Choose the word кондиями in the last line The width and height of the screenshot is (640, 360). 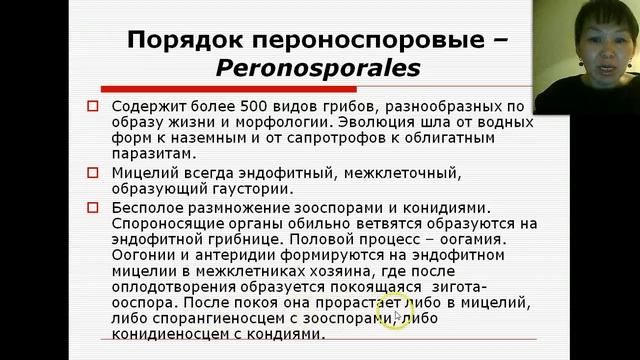tap(289, 335)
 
